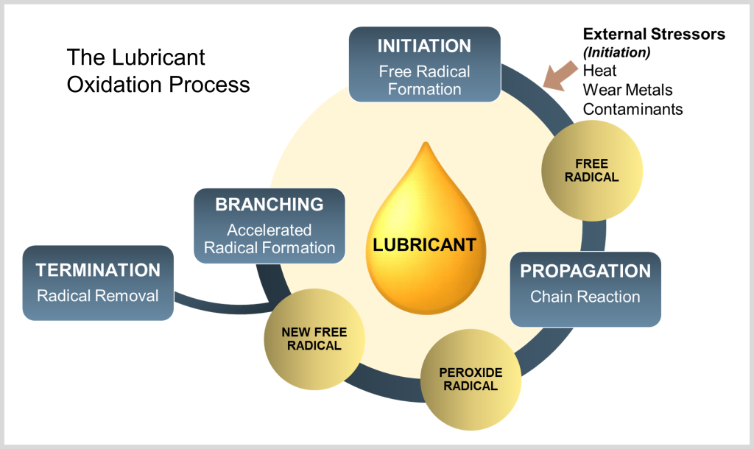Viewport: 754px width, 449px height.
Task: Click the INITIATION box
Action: coord(425,65)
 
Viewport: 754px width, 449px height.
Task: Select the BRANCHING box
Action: coord(269,226)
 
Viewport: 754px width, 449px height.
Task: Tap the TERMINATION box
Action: coord(98,283)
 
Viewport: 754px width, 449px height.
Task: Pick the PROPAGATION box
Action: coord(585,289)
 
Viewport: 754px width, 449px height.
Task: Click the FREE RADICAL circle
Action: coord(592,171)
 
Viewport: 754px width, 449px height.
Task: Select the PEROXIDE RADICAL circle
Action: coord(471,379)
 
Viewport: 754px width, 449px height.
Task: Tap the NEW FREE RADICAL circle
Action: coord(314,339)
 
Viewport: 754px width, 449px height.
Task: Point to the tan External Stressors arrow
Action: coord(560,76)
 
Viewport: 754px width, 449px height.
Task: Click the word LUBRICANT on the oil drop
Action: coord(425,244)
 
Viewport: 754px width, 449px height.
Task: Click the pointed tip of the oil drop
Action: coord(426,142)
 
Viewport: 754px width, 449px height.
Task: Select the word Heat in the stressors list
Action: coord(599,71)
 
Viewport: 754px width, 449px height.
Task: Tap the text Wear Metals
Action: coord(627,90)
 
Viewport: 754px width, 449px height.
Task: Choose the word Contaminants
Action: coord(633,109)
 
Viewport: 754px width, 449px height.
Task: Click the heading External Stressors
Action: coord(654,34)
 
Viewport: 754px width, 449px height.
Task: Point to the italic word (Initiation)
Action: coord(617,52)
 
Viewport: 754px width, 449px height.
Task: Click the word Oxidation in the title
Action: coord(114,85)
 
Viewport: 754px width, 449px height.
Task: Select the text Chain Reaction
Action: coord(585,297)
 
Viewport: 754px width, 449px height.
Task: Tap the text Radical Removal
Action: coord(98,296)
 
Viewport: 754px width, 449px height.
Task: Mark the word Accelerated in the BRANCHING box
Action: coord(269,230)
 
